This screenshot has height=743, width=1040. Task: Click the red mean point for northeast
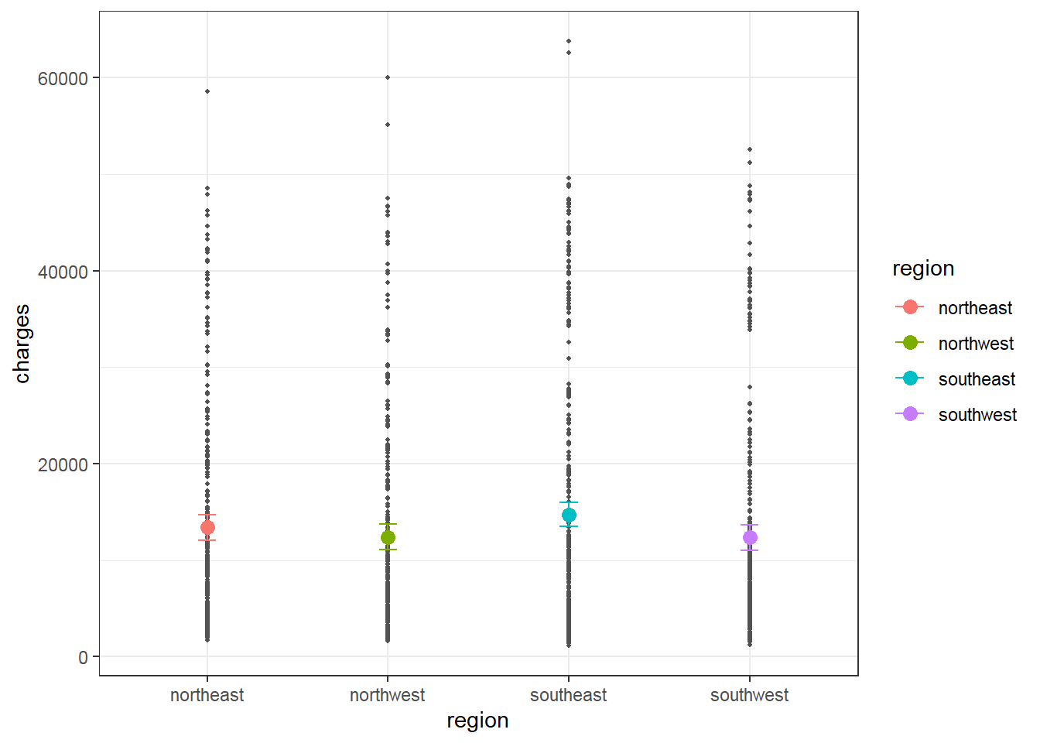pos(207,528)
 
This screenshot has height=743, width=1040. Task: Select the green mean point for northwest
pos(388,537)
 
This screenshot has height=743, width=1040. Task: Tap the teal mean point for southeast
pos(569,515)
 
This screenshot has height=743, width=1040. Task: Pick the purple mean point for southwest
pos(750,538)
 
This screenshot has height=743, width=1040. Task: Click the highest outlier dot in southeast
pos(569,41)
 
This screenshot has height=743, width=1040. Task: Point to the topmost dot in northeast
pos(207,91)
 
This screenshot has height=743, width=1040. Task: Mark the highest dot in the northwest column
pos(388,77)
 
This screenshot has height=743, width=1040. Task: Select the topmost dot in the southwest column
pos(750,149)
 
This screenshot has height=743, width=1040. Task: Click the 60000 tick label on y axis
pos(63,78)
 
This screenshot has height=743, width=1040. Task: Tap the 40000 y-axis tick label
pos(63,272)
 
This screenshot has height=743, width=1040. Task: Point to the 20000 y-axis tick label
pos(63,464)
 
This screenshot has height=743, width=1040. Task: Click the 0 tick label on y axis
pos(83,657)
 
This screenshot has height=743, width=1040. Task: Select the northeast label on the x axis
pos(207,695)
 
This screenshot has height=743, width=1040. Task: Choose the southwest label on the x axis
pos(749,695)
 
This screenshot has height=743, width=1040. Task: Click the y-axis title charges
pos(22,343)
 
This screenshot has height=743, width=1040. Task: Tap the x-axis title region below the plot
pos(477,721)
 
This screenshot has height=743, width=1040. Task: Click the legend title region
pos(923,269)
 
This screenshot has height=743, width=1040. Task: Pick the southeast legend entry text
pos(977,379)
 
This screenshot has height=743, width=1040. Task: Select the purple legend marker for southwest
pos(910,414)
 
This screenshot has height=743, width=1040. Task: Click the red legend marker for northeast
pos(910,307)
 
